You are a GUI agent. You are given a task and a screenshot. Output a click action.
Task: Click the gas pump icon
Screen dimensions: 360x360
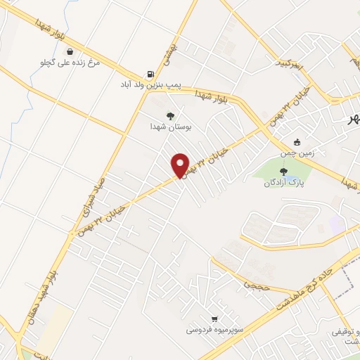pyautogui.click(x=150, y=74)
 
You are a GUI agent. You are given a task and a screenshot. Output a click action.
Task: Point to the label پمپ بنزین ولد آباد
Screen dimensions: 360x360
pyautogui.click(x=149, y=85)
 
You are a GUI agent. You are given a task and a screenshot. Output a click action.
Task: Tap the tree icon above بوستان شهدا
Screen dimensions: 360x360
pyautogui.click(x=170, y=116)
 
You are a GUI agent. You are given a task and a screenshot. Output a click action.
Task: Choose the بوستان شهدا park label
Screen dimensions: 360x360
pyautogui.click(x=171, y=127)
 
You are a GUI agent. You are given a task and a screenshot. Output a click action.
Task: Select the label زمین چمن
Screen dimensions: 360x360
pyautogui.click(x=297, y=153)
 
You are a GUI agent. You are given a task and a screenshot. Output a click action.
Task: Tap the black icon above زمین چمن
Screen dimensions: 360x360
pyautogui.click(x=297, y=141)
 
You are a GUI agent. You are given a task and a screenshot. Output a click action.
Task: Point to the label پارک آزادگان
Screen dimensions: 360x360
pyautogui.click(x=284, y=183)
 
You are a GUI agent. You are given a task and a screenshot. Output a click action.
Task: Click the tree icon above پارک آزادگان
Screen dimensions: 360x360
pyautogui.click(x=284, y=171)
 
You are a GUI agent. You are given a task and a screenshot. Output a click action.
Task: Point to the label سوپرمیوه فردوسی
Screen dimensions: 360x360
pyautogui.click(x=214, y=329)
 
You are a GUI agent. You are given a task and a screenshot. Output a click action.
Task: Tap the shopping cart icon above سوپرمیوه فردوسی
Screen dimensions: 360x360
pyautogui.click(x=214, y=318)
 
